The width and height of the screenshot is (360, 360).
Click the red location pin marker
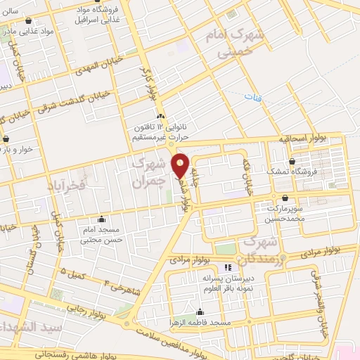tap(181, 165)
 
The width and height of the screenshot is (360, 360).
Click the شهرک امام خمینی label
tap(231, 42)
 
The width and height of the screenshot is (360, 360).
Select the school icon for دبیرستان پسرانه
tap(227, 268)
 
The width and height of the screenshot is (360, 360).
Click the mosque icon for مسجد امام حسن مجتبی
tap(103, 219)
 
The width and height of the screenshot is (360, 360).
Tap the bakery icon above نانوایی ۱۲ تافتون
tap(161, 117)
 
